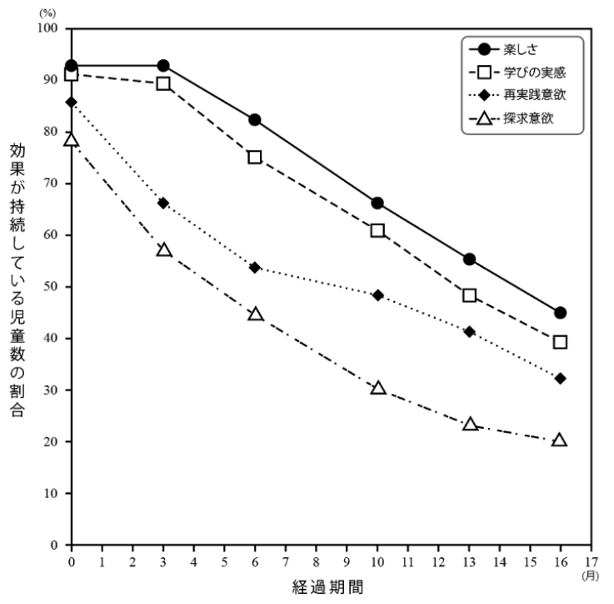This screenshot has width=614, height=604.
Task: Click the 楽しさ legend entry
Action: pyautogui.click(x=527, y=49)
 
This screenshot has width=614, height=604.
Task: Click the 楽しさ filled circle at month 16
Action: pyautogui.click(x=560, y=313)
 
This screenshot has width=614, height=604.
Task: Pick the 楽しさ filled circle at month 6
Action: pyautogui.click(x=255, y=120)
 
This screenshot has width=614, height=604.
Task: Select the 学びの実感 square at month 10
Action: pyautogui.click(x=377, y=230)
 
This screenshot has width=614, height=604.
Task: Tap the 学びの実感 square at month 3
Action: pyautogui.click(x=163, y=83)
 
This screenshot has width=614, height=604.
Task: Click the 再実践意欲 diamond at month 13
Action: pyautogui.click(x=469, y=331)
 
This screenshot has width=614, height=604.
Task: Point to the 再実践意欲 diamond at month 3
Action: pyautogui.click(x=163, y=203)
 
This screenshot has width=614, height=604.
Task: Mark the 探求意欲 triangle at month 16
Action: pyautogui.click(x=560, y=440)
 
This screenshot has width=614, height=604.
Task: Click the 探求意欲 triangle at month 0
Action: pyautogui.click(x=72, y=140)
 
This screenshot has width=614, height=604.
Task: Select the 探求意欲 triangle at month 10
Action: pyautogui.click(x=377, y=388)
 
